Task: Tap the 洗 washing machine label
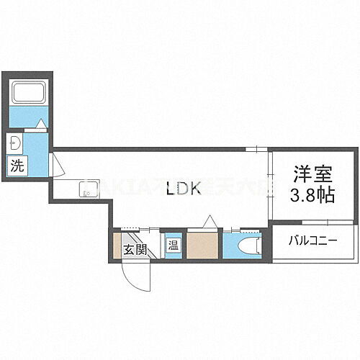coord(17,165)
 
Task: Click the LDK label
coord(183,190)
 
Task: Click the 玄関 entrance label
coord(135,251)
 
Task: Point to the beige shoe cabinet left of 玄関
coord(117,245)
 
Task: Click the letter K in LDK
coord(197,190)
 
